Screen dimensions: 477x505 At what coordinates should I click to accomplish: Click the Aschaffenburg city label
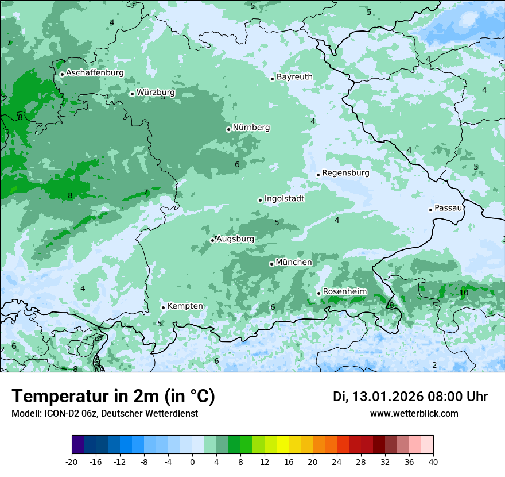point(95,73)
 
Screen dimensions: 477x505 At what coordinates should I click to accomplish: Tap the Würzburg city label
point(156,93)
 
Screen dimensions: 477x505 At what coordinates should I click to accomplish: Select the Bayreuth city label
point(294,77)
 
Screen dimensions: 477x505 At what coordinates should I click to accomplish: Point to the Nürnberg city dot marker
point(228,129)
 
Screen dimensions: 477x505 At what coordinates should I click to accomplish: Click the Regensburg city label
point(345,173)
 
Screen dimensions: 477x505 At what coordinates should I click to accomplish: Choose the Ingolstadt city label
point(284,199)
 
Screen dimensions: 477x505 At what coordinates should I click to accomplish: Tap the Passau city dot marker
point(430,210)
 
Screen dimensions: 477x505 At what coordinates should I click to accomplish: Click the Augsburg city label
point(235,239)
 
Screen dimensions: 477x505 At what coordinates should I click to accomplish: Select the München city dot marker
point(271,264)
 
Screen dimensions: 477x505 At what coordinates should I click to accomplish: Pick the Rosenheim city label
point(344,292)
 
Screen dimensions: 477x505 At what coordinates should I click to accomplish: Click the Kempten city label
point(185,306)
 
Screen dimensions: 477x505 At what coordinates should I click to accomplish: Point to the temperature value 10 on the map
point(464,293)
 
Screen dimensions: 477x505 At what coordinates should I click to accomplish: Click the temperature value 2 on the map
point(434,366)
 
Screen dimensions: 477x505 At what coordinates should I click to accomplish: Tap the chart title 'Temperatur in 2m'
point(113,397)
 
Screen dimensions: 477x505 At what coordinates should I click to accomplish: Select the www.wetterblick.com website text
point(414,413)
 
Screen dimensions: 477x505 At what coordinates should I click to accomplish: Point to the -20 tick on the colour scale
point(72,462)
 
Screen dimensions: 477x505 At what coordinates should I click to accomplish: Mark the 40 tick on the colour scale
point(433,462)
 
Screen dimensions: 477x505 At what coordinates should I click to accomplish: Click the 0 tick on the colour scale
point(192,462)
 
